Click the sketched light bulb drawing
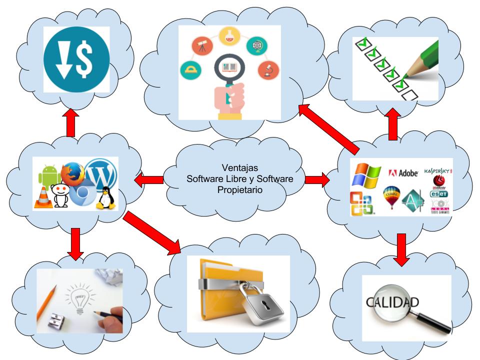[x=78, y=298]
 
